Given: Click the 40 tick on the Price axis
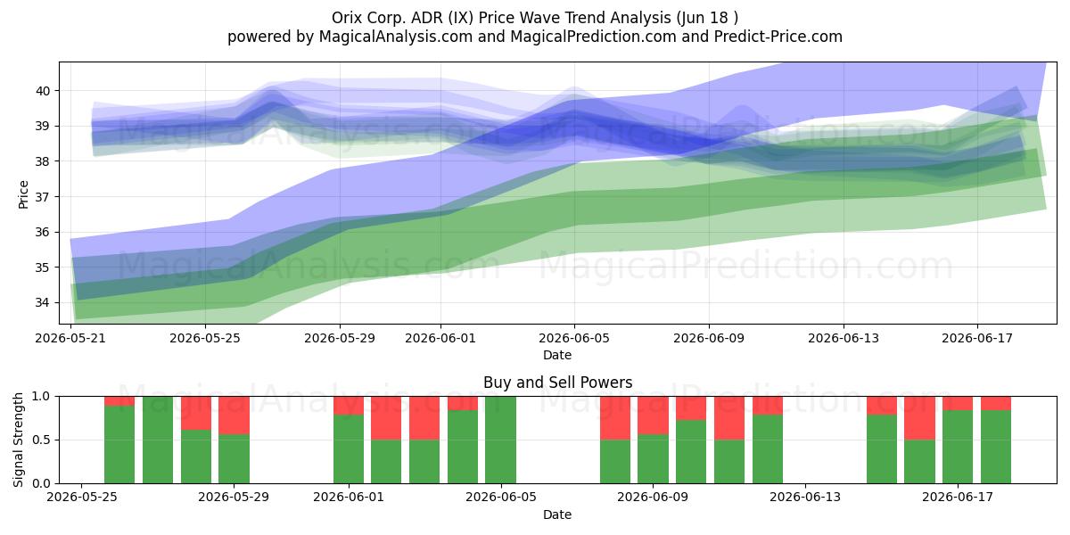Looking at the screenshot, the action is point(43,91).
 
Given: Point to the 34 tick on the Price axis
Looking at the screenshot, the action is point(43,302).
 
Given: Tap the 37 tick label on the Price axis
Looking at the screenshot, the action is point(43,197).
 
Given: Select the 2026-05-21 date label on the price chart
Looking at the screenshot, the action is point(70,338).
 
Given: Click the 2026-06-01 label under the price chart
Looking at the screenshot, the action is point(440,338).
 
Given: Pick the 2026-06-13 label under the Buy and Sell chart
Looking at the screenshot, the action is point(805,497).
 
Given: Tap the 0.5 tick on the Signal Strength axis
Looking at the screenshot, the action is point(41,440).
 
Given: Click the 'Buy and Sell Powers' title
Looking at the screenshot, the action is point(557,383).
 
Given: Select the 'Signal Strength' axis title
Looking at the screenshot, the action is point(18,440).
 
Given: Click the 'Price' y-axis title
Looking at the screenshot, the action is point(23,194).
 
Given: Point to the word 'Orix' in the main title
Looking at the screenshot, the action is point(347,18).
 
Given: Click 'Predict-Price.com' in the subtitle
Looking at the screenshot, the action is point(778,37).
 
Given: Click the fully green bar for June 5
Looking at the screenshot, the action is point(500,440).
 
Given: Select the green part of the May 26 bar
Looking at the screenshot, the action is point(119,444).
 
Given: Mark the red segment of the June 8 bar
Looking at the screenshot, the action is point(615,418).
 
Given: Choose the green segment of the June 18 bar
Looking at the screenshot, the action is point(996,447).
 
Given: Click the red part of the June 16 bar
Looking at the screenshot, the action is point(919,418).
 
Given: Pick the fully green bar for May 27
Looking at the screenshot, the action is point(158,440).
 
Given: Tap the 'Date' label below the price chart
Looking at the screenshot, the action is point(557,355).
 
